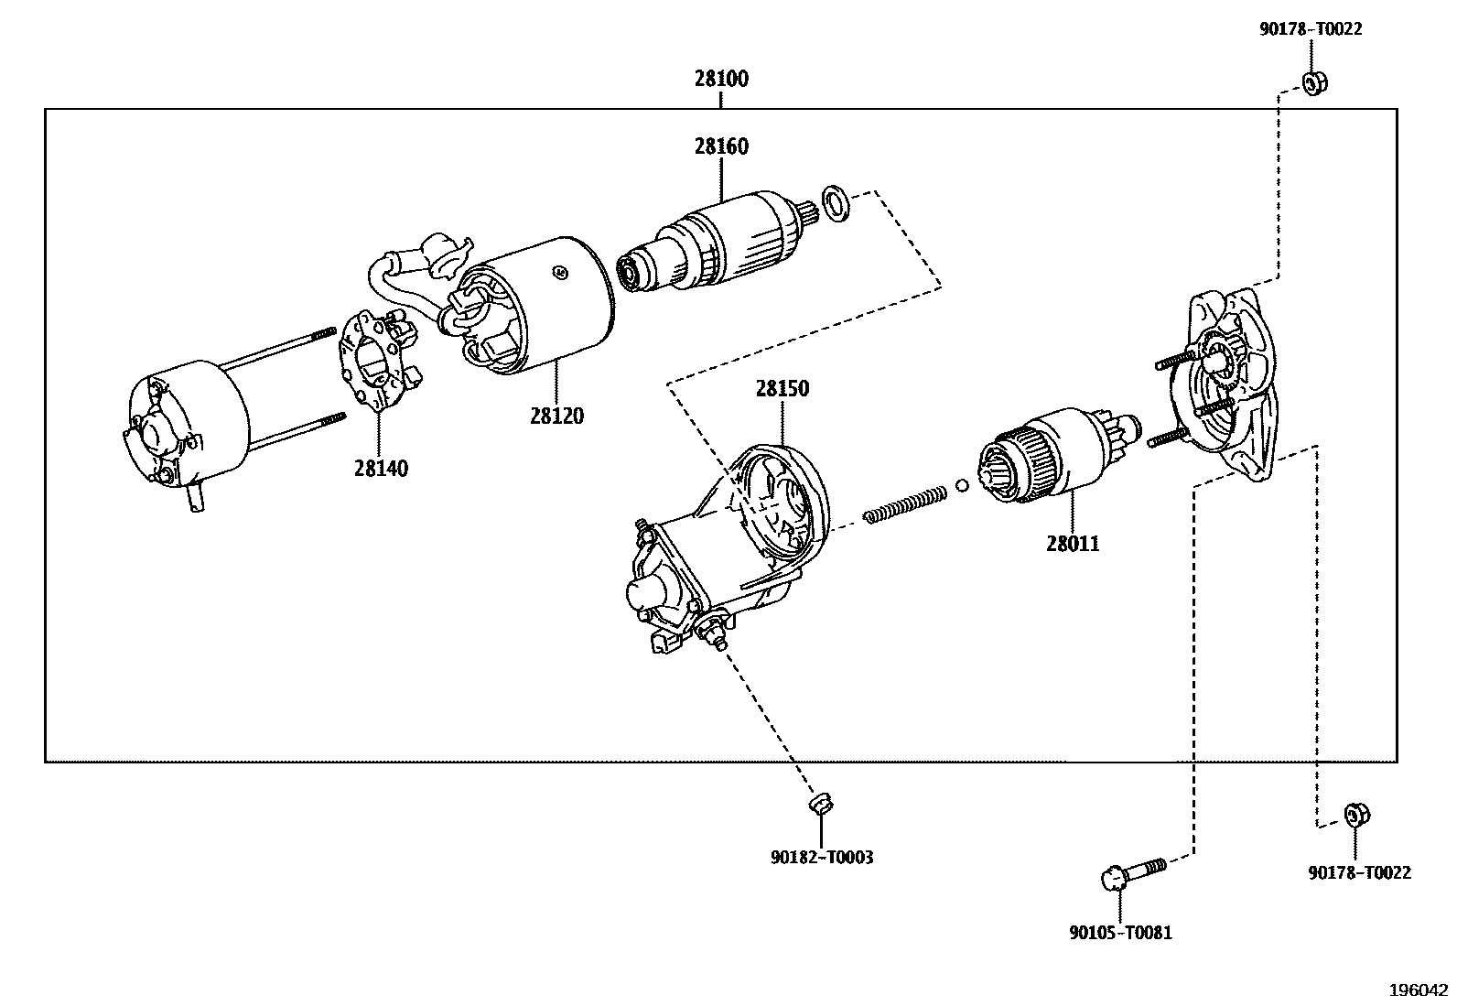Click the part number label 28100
click(x=720, y=79)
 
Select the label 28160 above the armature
click(x=720, y=146)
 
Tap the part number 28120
click(x=556, y=416)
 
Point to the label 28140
click(x=381, y=469)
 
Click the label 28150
click(x=782, y=388)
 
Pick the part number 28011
click(x=1073, y=544)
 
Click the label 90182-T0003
click(x=822, y=858)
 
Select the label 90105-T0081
click(x=1120, y=933)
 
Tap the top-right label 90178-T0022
click(x=1311, y=29)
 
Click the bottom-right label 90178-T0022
click(x=1359, y=873)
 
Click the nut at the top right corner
click(x=1314, y=83)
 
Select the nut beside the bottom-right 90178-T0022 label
click(x=1356, y=815)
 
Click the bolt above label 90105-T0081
click(x=1132, y=873)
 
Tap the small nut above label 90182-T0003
click(x=822, y=805)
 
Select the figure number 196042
click(x=1418, y=990)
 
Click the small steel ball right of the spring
click(x=962, y=485)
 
